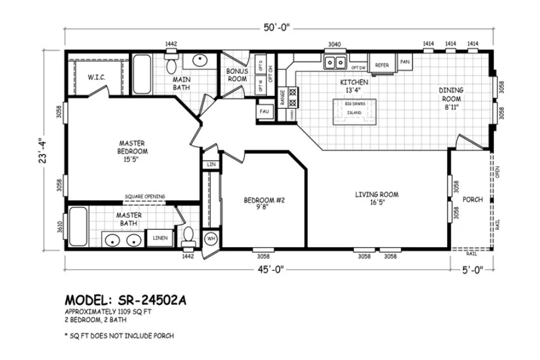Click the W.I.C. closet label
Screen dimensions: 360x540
[96, 77]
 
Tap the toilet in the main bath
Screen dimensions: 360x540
[170, 63]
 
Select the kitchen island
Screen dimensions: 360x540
[354, 111]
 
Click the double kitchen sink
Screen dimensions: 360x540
[334, 62]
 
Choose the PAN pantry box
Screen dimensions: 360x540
[405, 62]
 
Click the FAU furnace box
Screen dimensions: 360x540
[264, 112]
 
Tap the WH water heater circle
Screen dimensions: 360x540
[211, 238]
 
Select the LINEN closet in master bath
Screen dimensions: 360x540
[160, 238]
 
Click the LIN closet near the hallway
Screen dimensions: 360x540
[211, 164]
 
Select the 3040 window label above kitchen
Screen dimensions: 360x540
[334, 44]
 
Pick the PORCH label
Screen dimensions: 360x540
[473, 200]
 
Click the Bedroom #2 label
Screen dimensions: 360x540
[259, 204]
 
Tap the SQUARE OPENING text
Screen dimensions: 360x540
[145, 196]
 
